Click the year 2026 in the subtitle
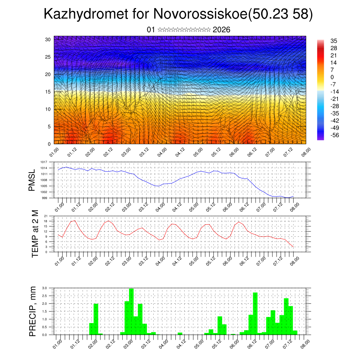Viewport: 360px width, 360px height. [x=221, y=30]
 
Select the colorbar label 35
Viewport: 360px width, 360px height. [x=334, y=41]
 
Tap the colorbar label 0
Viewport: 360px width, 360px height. [x=332, y=77]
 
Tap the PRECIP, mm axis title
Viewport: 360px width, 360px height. [x=33, y=311]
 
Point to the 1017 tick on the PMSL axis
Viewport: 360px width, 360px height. [x=44, y=162]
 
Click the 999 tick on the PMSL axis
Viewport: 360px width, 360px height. [x=44, y=198]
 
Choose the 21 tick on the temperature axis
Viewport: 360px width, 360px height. [x=46, y=216]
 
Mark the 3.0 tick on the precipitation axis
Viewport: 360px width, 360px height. [x=45, y=288]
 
